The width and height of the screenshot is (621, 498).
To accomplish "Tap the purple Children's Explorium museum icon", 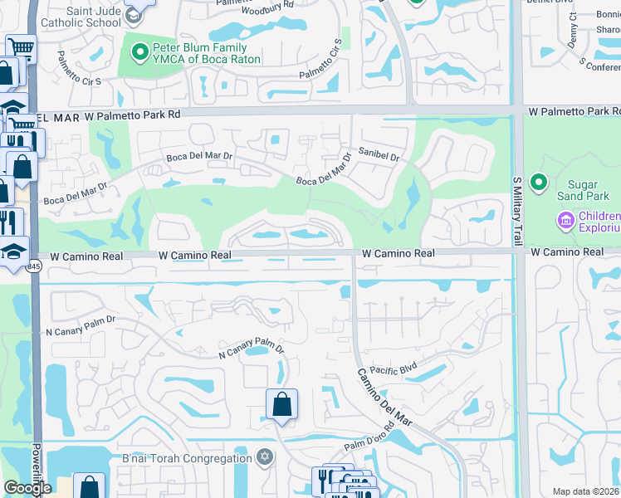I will pyautogui.click(x=567, y=221).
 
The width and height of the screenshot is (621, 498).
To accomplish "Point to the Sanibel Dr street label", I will pyautogui.click(x=379, y=155).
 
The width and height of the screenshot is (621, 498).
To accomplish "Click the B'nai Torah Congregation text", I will pyautogui.click(x=187, y=458).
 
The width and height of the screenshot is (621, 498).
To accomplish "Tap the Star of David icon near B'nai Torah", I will pyautogui.click(x=265, y=457).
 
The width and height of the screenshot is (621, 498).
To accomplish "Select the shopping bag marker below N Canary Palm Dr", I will pyautogui.click(x=282, y=405).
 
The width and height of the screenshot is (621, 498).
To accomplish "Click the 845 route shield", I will pyautogui.click(x=34, y=266).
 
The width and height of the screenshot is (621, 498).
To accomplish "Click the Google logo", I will pyautogui.click(x=27, y=487).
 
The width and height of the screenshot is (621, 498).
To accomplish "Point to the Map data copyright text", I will pyautogui.click(x=585, y=491).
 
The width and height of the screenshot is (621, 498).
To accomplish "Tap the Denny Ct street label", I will pyautogui.click(x=573, y=31).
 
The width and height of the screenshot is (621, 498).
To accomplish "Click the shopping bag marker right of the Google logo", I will pyautogui.click(x=89, y=486).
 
